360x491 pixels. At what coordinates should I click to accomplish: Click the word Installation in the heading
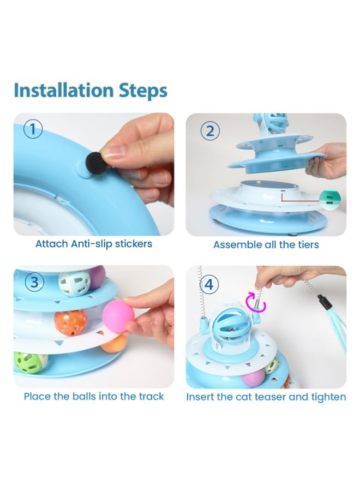(x=64, y=90)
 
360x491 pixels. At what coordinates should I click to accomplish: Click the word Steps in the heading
(x=143, y=91)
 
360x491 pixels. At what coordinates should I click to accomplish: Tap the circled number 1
(x=33, y=129)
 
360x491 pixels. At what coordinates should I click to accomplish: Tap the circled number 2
(x=210, y=131)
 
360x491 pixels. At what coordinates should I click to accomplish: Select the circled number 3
(x=34, y=282)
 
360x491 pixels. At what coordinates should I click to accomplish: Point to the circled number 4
(x=208, y=285)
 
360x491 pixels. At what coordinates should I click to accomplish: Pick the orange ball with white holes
(x=70, y=322)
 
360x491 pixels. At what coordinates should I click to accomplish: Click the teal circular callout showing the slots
(x=330, y=198)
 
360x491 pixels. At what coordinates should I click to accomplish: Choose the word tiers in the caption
(x=308, y=244)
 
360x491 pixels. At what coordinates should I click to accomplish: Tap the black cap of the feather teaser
(x=323, y=302)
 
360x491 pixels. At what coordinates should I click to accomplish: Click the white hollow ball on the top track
(x=74, y=283)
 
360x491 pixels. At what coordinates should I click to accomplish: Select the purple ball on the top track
(x=96, y=278)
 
